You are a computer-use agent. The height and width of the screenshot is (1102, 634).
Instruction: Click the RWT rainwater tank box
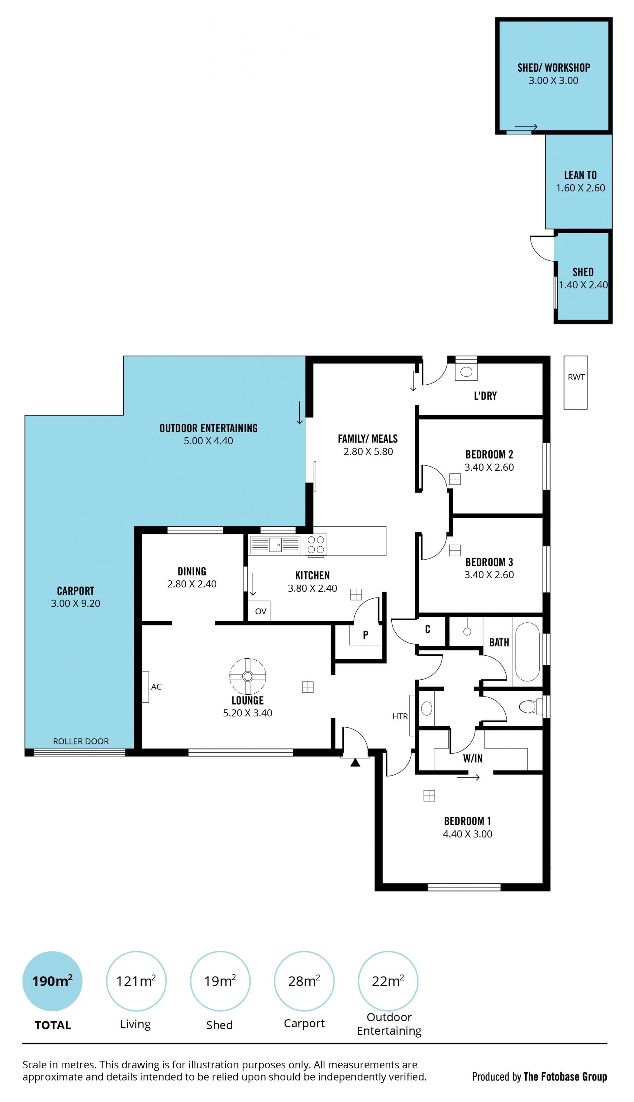(x=575, y=383)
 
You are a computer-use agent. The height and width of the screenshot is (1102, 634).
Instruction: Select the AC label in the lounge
(x=156, y=687)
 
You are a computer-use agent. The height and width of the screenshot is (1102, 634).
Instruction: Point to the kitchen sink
(x=275, y=545)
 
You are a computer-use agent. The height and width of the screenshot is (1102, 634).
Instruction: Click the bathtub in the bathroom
(x=527, y=652)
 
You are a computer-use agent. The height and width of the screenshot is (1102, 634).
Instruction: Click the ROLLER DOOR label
(x=81, y=741)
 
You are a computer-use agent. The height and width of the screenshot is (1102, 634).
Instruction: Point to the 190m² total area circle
(x=52, y=981)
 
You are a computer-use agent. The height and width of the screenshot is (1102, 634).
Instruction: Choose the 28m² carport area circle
(x=304, y=981)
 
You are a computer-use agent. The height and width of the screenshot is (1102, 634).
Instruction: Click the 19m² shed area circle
(x=220, y=981)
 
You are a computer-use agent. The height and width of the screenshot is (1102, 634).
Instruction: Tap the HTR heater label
(x=400, y=716)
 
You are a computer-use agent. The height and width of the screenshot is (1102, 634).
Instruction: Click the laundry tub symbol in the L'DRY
(x=466, y=372)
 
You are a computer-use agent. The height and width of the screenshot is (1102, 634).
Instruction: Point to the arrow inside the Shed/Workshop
(x=526, y=127)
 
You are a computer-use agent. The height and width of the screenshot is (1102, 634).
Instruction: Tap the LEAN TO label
(x=581, y=175)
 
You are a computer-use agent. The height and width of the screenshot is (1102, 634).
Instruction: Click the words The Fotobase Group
(x=565, y=1077)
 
